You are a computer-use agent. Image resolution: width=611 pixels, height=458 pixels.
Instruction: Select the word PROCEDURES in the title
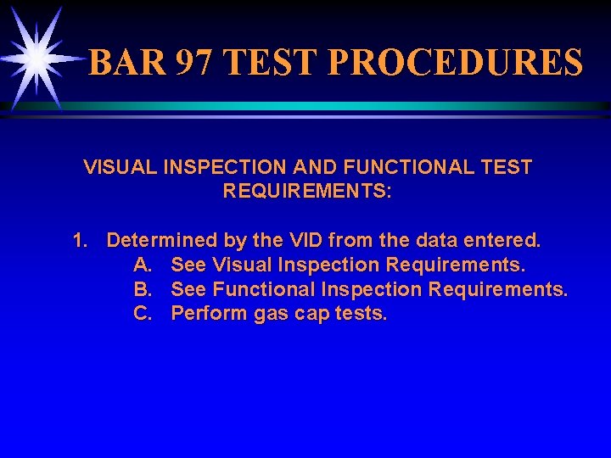454,63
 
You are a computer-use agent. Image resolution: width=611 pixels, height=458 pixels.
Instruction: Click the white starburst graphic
36,58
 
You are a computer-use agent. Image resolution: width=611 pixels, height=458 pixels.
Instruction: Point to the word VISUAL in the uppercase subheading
121,167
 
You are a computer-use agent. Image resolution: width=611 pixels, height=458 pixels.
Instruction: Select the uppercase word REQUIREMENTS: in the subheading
307,191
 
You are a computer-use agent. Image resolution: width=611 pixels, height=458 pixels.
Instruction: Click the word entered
505,241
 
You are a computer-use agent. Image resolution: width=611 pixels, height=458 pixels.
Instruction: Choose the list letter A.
142,265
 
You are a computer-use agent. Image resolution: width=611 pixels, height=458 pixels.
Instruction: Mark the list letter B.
142,290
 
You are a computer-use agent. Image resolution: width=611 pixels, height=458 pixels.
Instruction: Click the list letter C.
142,314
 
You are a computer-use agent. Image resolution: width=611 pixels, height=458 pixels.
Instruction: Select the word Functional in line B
264,290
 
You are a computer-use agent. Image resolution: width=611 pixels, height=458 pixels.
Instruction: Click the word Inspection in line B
372,290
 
